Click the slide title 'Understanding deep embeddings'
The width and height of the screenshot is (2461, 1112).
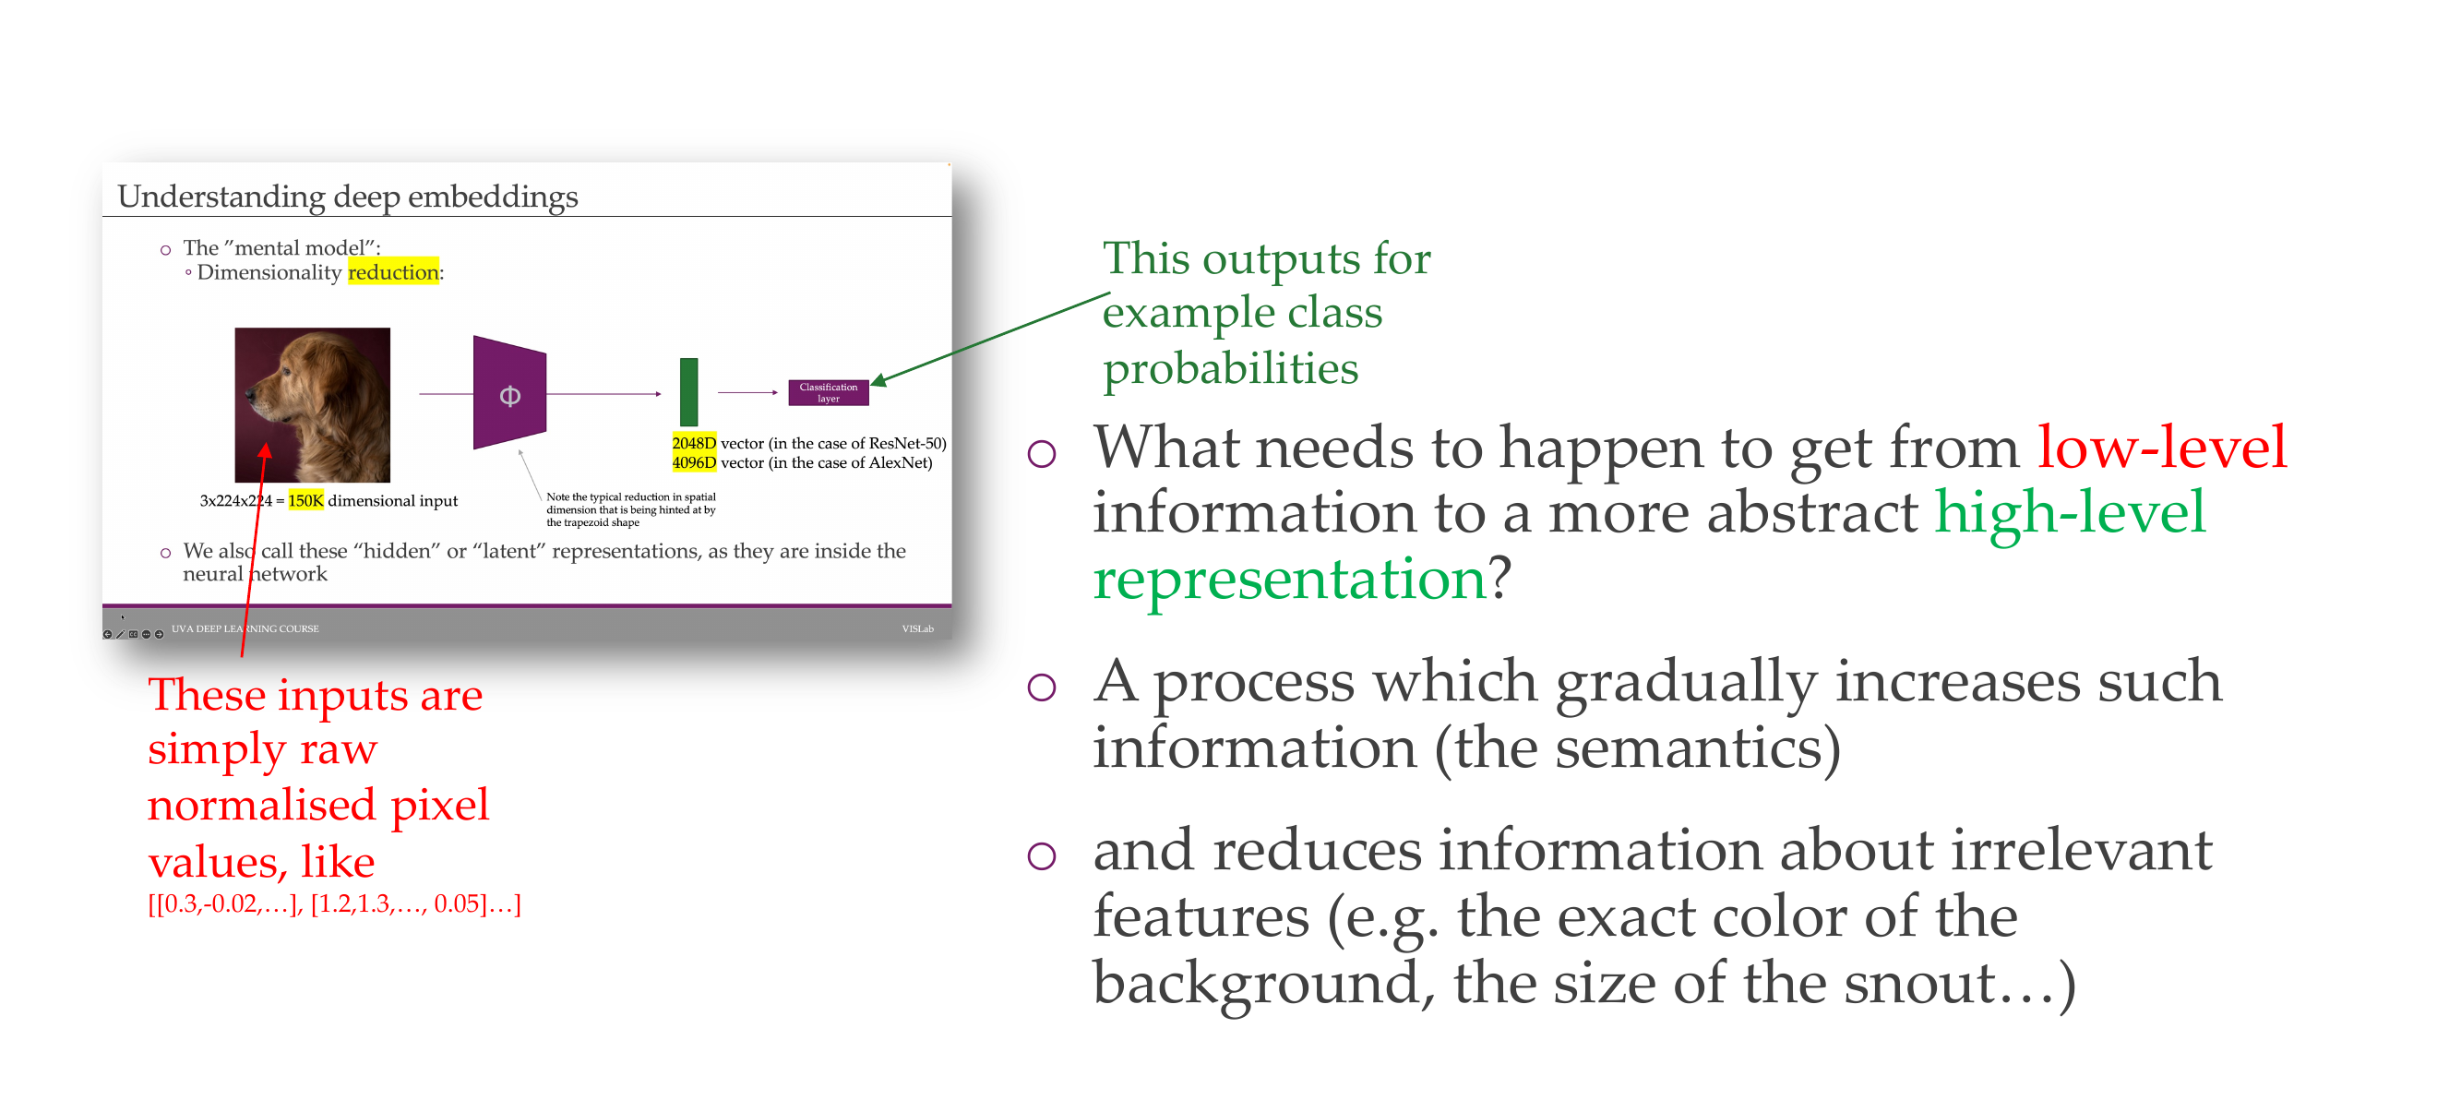pos(348,196)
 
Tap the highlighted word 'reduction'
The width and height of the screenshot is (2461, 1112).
pos(394,272)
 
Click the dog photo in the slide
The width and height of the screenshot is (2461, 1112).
pos(313,405)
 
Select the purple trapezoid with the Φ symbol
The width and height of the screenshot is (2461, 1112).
pos(510,392)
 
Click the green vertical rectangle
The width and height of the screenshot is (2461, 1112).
pos(688,391)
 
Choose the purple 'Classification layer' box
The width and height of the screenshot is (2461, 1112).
pos(829,392)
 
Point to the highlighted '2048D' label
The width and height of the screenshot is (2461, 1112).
pos(694,443)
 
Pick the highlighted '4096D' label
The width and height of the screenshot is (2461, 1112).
pos(694,462)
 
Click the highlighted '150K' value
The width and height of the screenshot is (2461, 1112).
pos(305,500)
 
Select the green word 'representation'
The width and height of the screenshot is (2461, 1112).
pos(1289,580)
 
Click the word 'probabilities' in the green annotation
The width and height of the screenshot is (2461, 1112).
pos(1231,369)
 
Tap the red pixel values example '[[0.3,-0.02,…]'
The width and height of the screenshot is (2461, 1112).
pos(225,903)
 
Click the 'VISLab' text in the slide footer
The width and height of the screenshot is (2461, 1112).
pos(917,628)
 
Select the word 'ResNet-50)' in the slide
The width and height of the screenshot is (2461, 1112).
pos(908,443)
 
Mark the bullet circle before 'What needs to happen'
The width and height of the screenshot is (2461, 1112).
pos(1042,453)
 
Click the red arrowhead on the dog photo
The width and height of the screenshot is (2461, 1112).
pos(265,450)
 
